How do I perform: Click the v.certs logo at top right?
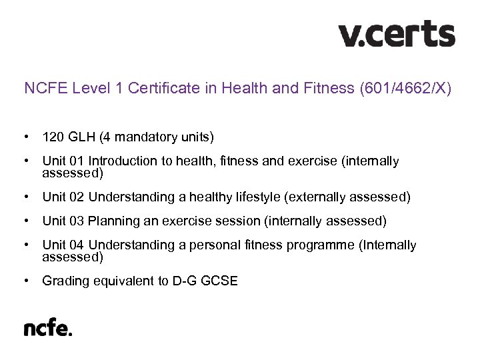[x=397, y=34]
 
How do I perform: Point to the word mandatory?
[x=142, y=138]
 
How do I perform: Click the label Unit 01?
[x=63, y=161]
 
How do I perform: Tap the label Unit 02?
[x=63, y=197]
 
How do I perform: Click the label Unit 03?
[x=63, y=221]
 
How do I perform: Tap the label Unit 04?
[x=63, y=245]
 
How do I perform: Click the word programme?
[x=320, y=245]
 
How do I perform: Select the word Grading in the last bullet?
[x=64, y=281]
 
